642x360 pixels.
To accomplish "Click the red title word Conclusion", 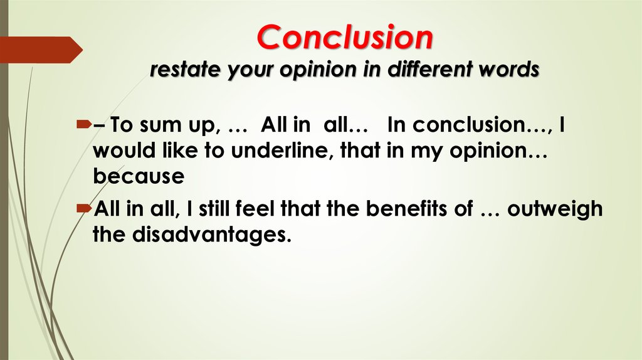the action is pos(345,37).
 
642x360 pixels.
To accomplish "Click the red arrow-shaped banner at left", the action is pos(41,50).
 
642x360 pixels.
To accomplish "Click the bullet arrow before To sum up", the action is pos(84,124).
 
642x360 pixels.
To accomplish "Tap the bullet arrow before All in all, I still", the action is pos(84,209).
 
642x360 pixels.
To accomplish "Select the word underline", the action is pos(280,151).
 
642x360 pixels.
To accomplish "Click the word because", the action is pos(139,176).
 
